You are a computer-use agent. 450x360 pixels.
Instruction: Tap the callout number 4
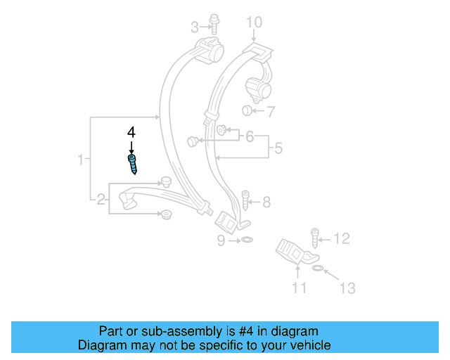click(x=131, y=132)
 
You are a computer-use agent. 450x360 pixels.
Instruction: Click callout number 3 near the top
click(x=195, y=27)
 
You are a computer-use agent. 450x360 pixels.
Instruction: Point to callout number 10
click(x=253, y=23)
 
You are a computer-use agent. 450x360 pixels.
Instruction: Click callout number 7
click(x=271, y=110)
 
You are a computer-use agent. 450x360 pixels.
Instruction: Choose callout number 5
click(x=278, y=149)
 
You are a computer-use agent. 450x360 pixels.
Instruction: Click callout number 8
click(x=266, y=202)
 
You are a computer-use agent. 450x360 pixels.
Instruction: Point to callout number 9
click(x=221, y=241)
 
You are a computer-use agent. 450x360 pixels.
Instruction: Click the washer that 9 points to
click(x=246, y=241)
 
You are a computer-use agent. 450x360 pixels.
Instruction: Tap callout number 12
click(x=341, y=240)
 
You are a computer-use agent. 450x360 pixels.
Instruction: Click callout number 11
click(x=300, y=287)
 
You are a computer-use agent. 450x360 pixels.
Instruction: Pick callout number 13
click(x=347, y=288)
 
